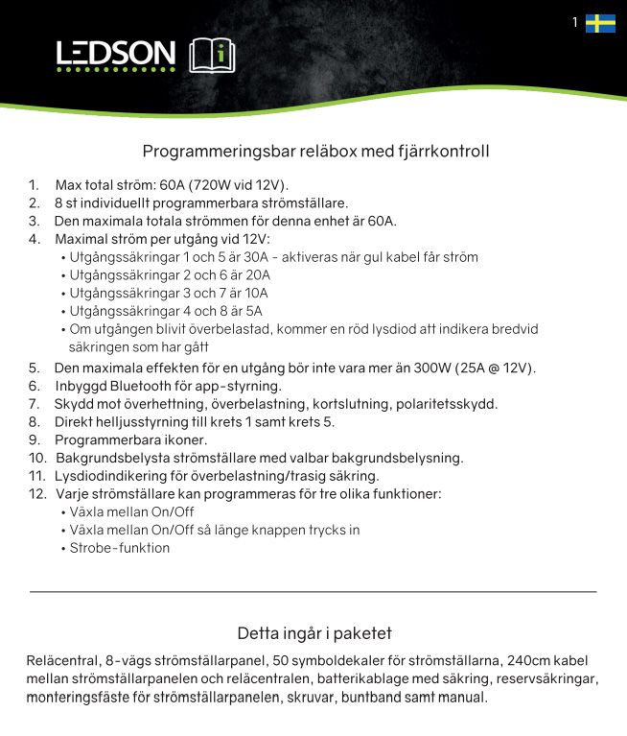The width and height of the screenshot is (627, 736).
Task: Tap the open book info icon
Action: (211, 56)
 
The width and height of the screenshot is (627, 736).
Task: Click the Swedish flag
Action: (600, 23)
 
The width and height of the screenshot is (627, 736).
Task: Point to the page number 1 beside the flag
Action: (575, 22)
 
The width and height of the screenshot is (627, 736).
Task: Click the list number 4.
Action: (34, 239)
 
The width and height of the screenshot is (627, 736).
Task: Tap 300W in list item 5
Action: (431, 368)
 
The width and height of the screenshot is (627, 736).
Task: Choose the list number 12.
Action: (36, 494)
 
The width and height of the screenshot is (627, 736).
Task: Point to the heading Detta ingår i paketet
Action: (313, 633)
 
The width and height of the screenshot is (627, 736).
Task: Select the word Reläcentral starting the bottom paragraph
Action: (62, 661)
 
